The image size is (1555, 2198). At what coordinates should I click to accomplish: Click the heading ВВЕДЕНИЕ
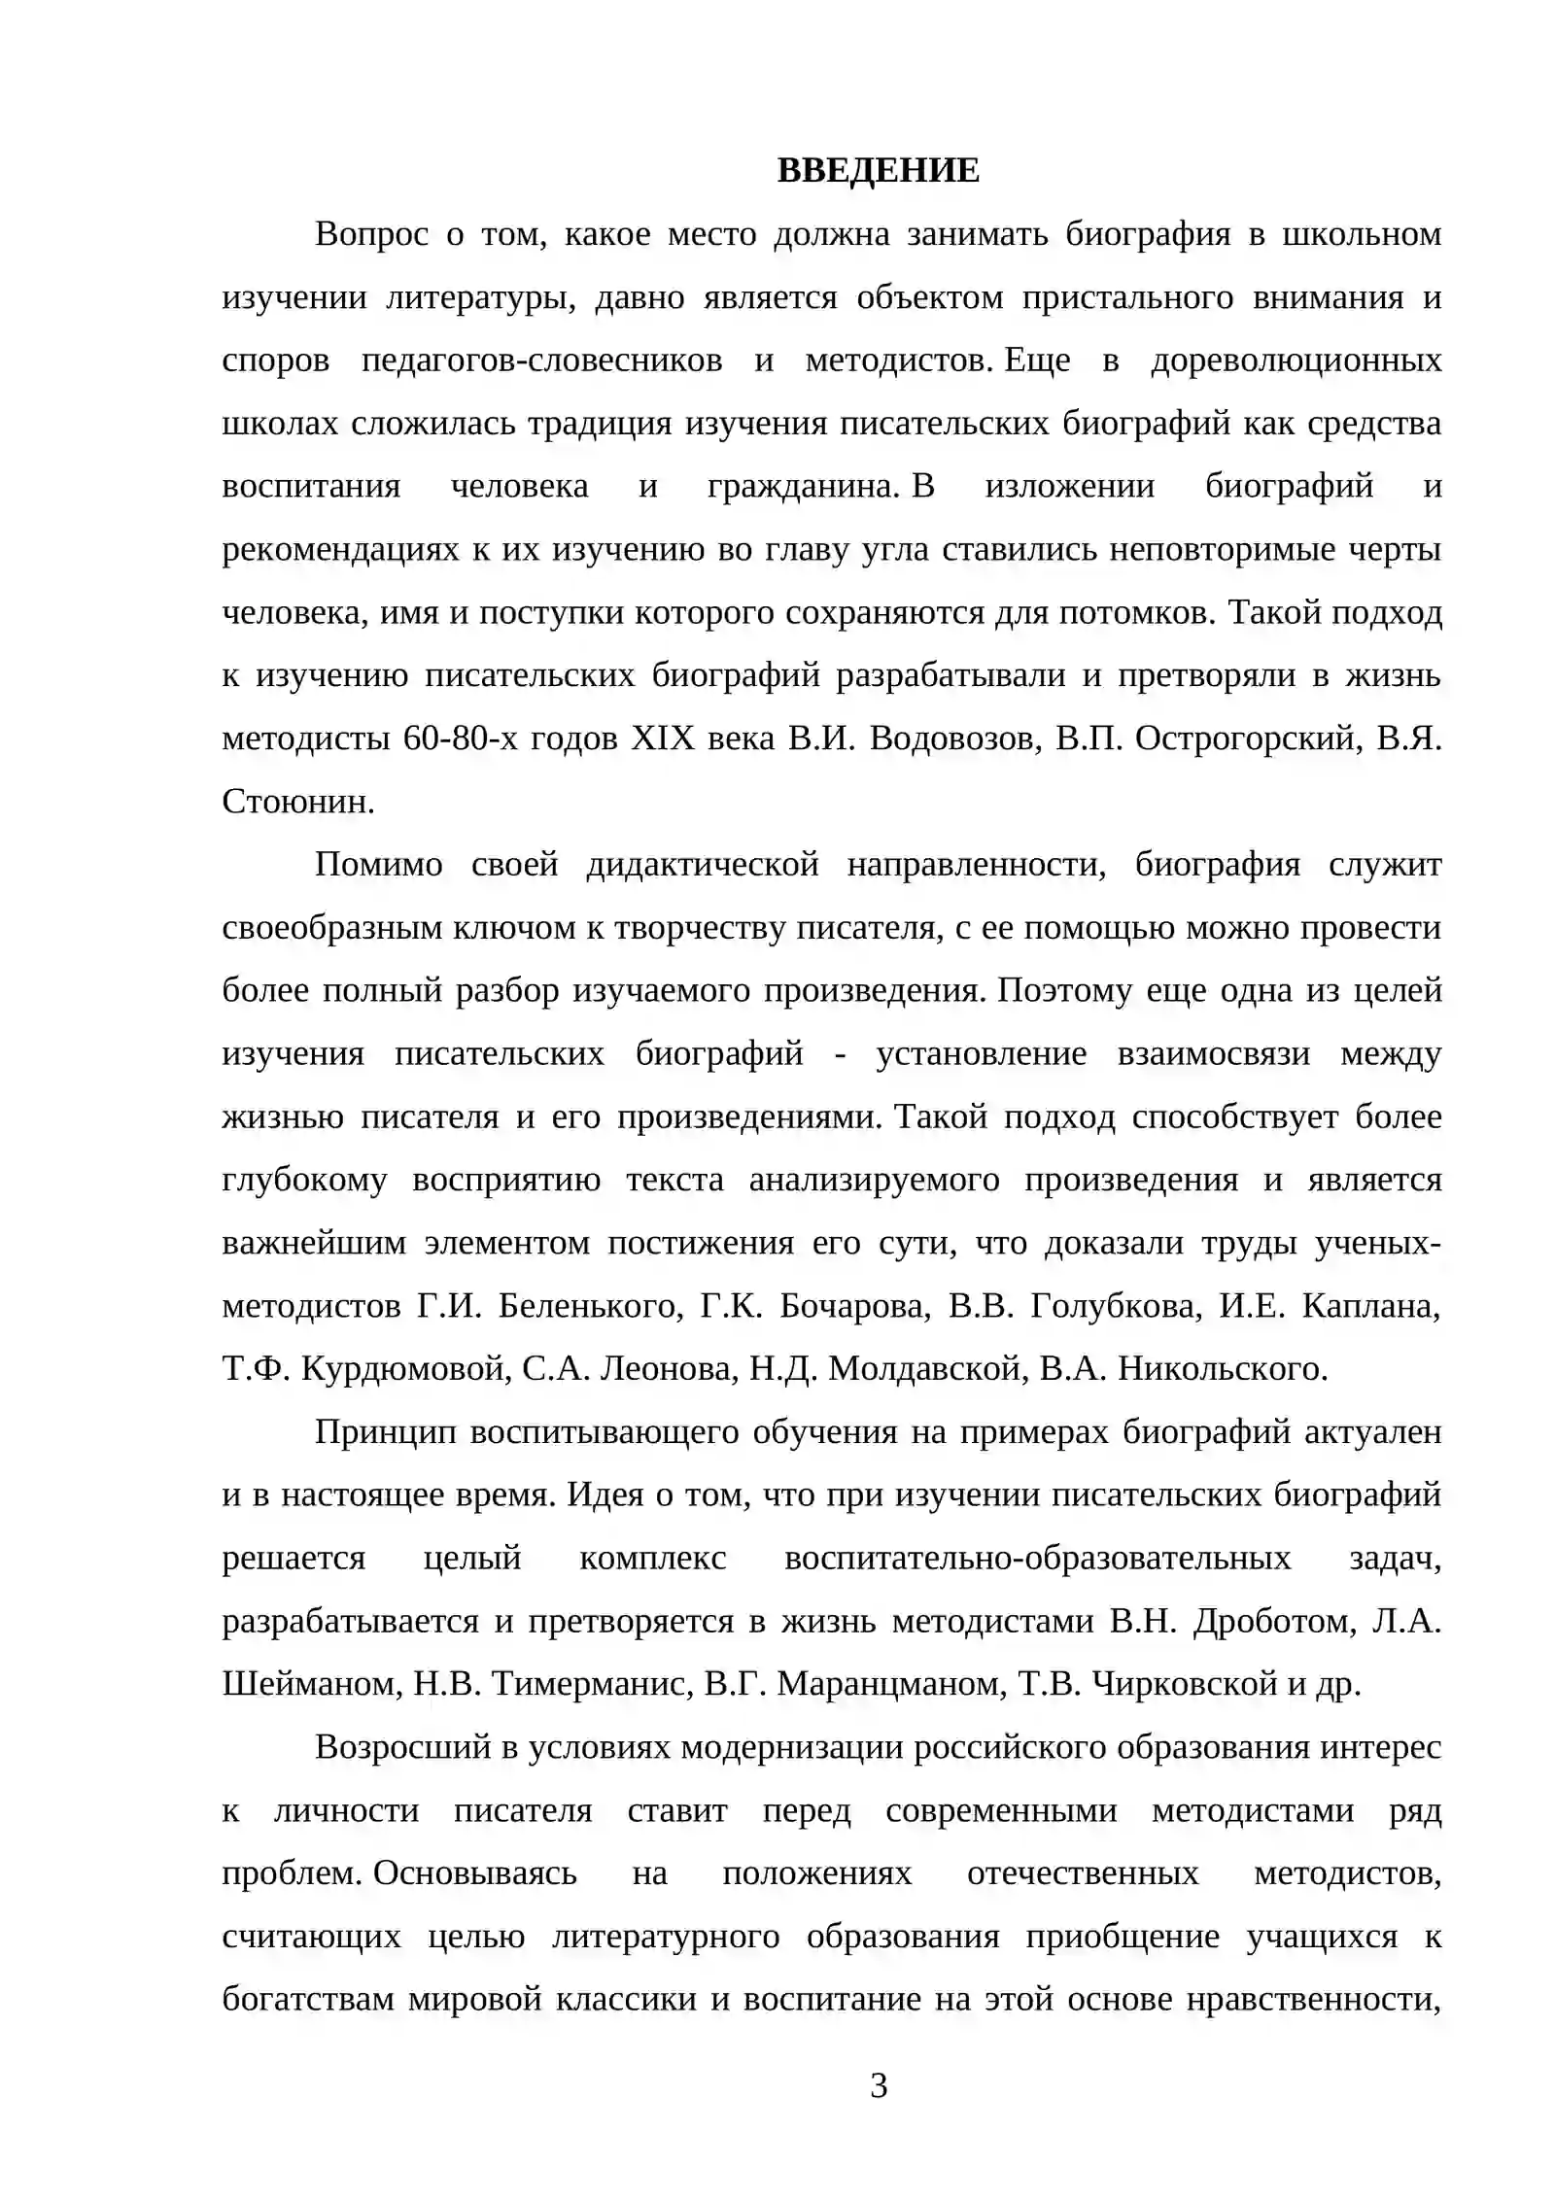tap(878, 171)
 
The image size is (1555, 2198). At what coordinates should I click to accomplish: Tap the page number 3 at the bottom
tap(878, 2085)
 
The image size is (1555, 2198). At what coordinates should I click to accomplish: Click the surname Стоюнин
tap(296, 803)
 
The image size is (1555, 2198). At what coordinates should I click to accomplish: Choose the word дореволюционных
tap(1296, 361)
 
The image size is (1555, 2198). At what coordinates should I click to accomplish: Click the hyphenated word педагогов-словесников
tap(541, 361)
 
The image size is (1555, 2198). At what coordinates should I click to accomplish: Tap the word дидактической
tap(703, 865)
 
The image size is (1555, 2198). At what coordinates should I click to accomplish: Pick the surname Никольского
tap(1222, 1369)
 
